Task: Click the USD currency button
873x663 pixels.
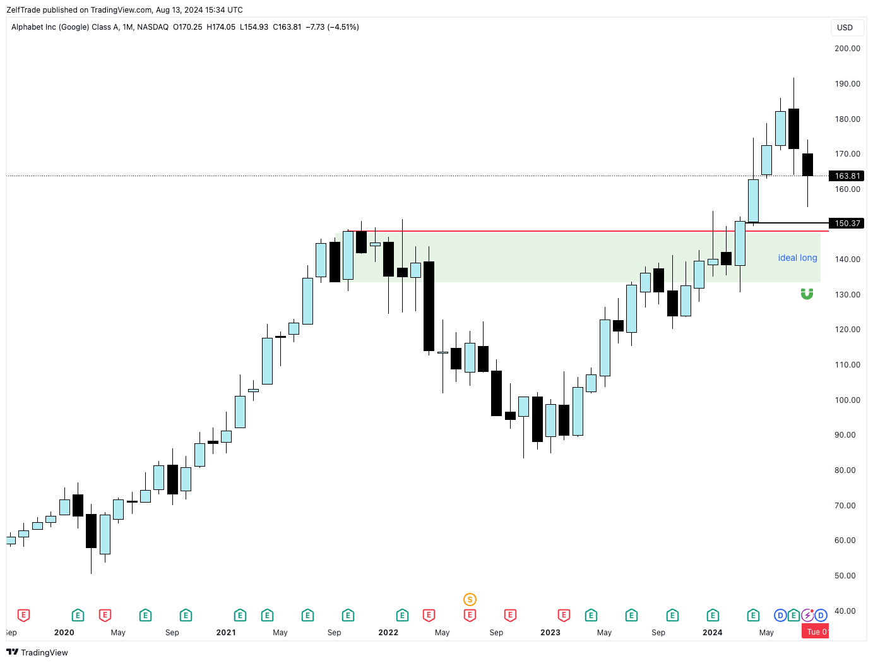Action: pos(845,28)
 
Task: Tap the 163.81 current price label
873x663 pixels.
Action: pos(846,176)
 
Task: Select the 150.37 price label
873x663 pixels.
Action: pos(846,224)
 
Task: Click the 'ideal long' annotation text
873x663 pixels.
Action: pos(797,258)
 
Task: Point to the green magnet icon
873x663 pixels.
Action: pos(807,294)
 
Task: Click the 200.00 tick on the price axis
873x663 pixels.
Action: pos(847,49)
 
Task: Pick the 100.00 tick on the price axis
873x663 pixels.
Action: pos(847,400)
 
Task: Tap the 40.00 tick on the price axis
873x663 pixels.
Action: pos(845,611)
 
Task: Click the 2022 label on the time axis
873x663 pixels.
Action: pos(388,633)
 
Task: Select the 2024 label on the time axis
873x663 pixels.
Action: pos(713,633)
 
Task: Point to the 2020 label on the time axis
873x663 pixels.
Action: pos(64,633)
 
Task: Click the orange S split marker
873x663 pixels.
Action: pos(470,599)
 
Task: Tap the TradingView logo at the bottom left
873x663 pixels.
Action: pos(37,652)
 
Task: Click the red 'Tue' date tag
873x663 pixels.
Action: pos(815,631)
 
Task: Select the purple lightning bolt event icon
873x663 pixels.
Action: pos(807,615)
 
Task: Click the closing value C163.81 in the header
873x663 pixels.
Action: pos(287,27)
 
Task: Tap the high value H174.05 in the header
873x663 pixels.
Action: pos(221,27)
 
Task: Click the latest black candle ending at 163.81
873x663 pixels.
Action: pos(807,165)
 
